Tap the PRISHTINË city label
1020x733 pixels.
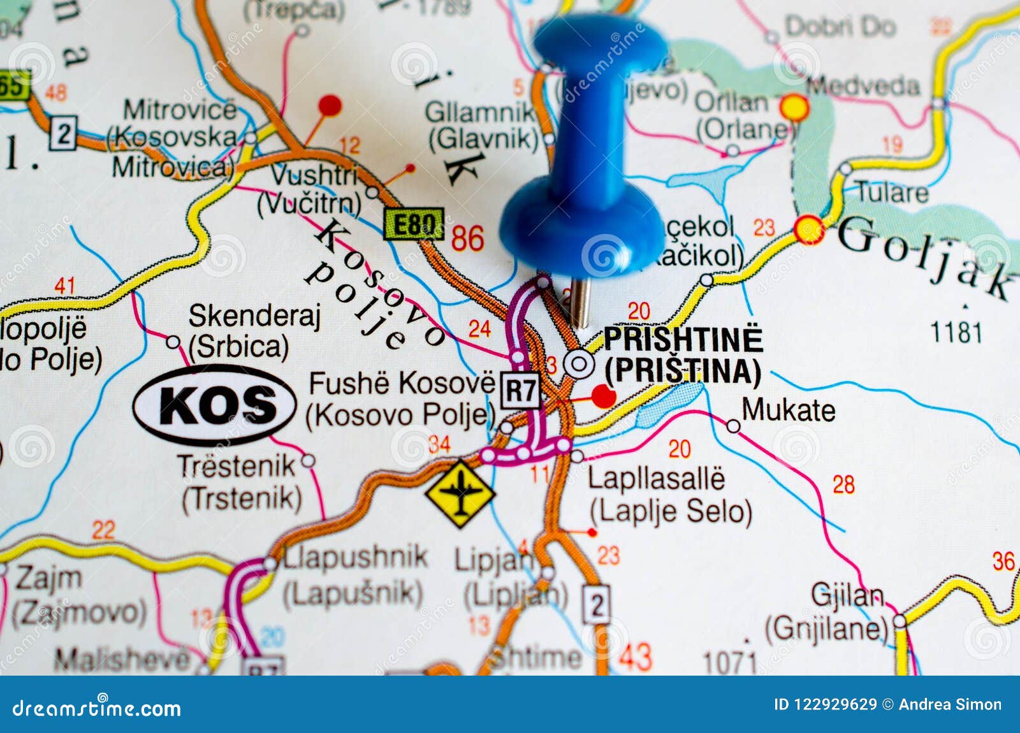(x=683, y=338)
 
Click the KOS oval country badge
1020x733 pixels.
(x=215, y=405)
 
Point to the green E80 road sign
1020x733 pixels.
(x=414, y=224)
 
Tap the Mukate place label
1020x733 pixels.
(x=788, y=410)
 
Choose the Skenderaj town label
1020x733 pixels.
(x=254, y=316)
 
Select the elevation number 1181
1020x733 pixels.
(x=956, y=332)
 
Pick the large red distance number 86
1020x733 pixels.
(x=468, y=239)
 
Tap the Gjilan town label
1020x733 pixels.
(x=847, y=596)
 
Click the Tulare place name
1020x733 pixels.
(x=891, y=192)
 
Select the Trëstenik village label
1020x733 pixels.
(x=237, y=466)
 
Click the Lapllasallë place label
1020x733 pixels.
(x=656, y=479)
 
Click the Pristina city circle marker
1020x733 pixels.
(x=579, y=365)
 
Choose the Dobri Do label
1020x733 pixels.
(x=840, y=27)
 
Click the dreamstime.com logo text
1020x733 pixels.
(x=97, y=708)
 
